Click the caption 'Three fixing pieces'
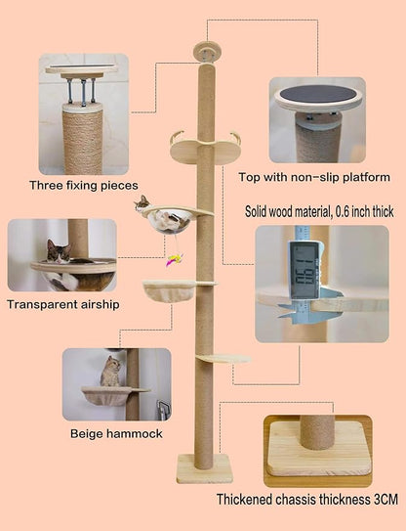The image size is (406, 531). click(83, 185)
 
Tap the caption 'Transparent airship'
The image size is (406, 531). click(62, 304)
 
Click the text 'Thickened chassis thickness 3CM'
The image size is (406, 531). click(306, 500)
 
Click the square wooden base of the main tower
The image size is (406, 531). click(204, 468)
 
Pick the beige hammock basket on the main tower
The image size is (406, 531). click(167, 290)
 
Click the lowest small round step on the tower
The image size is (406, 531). click(222, 359)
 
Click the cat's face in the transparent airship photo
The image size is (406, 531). click(58, 253)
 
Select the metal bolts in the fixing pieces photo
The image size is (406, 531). click(82, 91)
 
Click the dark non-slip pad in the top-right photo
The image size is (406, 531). click(317, 98)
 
